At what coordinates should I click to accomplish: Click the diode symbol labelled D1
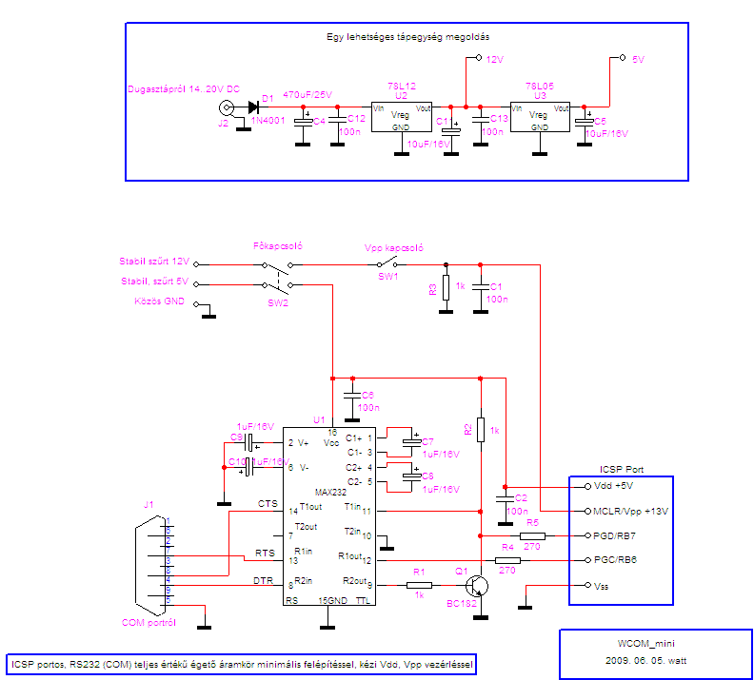[254, 107]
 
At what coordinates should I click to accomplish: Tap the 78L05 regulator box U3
[540, 118]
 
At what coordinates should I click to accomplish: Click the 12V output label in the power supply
[494, 59]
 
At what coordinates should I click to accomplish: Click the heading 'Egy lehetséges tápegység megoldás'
[407, 36]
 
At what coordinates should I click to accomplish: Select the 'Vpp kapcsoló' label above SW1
[394, 246]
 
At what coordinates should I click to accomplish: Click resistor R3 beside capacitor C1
[445, 286]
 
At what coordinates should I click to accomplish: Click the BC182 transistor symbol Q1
[480, 585]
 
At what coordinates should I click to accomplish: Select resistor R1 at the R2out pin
[418, 585]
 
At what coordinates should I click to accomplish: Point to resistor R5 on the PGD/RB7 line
[532, 536]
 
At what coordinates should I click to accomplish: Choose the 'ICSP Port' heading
[621, 469]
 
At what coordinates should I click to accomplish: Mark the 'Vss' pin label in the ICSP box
[602, 586]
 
